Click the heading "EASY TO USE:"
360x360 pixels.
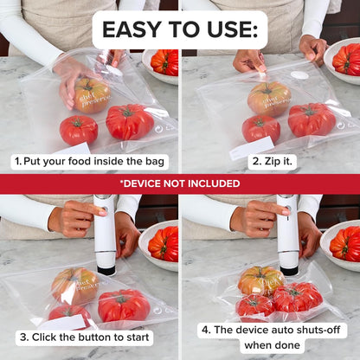(179, 30)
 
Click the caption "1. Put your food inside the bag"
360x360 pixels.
(90, 162)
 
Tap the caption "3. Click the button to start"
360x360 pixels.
(84, 337)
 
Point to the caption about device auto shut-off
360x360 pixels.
(272, 337)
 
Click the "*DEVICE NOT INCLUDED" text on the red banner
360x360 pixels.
(179, 183)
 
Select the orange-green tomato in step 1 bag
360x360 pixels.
(91, 95)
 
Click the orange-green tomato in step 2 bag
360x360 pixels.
(269, 99)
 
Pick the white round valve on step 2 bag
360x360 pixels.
(299, 75)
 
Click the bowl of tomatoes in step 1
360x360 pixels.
(162, 65)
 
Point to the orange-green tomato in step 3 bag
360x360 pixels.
(74, 285)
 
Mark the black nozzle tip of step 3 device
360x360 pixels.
(106, 270)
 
